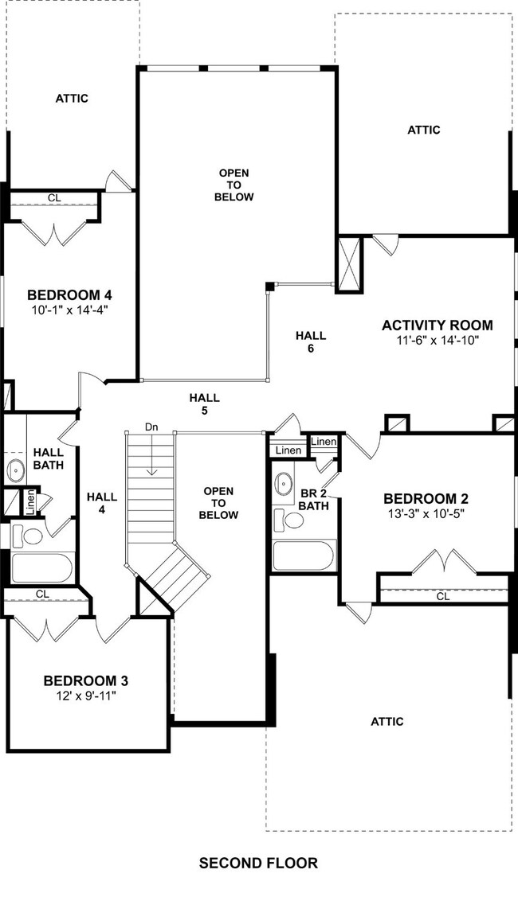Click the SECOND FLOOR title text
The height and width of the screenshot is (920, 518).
pyautogui.click(x=258, y=863)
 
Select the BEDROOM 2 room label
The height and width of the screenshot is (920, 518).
pyautogui.click(x=426, y=499)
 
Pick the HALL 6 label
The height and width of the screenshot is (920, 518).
pyautogui.click(x=310, y=341)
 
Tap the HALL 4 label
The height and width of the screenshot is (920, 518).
pyautogui.click(x=101, y=504)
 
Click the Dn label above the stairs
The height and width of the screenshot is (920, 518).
pyautogui.click(x=151, y=427)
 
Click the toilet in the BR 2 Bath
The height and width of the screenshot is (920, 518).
pyautogui.click(x=294, y=520)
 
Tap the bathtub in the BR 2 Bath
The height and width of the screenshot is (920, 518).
pyautogui.click(x=304, y=555)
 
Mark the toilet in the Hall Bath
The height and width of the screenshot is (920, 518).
pyautogui.click(x=32, y=536)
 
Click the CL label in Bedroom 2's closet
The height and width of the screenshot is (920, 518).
pyautogui.click(x=442, y=595)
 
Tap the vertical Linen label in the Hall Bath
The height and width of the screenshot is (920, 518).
pyautogui.click(x=29, y=502)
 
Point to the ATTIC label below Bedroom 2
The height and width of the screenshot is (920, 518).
pyautogui.click(x=387, y=721)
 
